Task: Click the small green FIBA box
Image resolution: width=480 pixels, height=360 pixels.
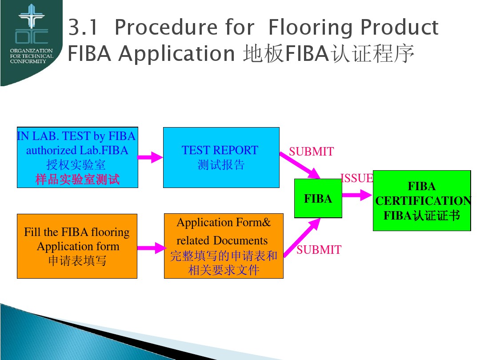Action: pos(318,198)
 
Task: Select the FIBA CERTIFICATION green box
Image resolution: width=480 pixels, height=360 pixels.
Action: pos(421,200)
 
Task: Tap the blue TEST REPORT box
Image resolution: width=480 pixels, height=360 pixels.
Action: pos(221,157)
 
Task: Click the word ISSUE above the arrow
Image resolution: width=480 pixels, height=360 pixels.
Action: pos(356,178)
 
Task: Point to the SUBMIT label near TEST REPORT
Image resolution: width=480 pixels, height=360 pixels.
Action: pos(311,152)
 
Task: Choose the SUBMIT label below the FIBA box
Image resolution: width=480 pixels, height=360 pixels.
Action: pos(319,250)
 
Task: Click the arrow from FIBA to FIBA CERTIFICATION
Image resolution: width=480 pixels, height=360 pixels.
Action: pos(357,195)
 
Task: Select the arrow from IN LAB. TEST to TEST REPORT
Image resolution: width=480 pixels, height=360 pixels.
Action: pos(150,157)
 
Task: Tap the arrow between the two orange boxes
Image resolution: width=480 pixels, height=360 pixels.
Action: pos(151,248)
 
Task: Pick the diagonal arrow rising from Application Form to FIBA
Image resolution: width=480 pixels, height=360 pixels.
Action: pos(302,238)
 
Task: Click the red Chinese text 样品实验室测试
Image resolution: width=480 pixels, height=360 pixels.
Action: pos(77,180)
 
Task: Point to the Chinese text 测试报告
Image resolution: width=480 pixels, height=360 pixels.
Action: pos(221,165)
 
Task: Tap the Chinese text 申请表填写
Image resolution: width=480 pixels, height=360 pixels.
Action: pos(77,260)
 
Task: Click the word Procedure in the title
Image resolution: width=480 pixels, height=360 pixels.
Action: pos(184,28)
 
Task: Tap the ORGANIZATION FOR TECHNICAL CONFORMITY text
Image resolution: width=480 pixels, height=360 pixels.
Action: pos(31,56)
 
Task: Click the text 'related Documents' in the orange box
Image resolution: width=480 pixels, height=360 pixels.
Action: pos(222,241)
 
